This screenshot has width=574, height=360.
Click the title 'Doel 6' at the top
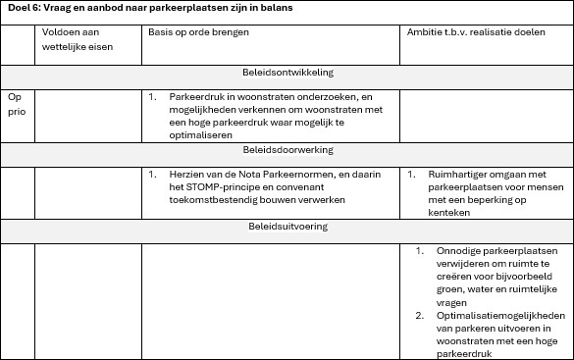point(24,8)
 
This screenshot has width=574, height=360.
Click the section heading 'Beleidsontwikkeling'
point(287,74)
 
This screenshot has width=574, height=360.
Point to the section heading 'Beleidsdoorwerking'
point(287,150)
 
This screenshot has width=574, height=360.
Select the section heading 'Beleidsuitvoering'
point(287,227)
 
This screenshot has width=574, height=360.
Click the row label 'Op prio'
point(15,105)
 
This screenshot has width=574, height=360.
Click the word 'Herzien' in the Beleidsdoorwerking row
point(189,175)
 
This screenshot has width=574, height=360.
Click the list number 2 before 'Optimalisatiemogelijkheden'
point(419,316)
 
